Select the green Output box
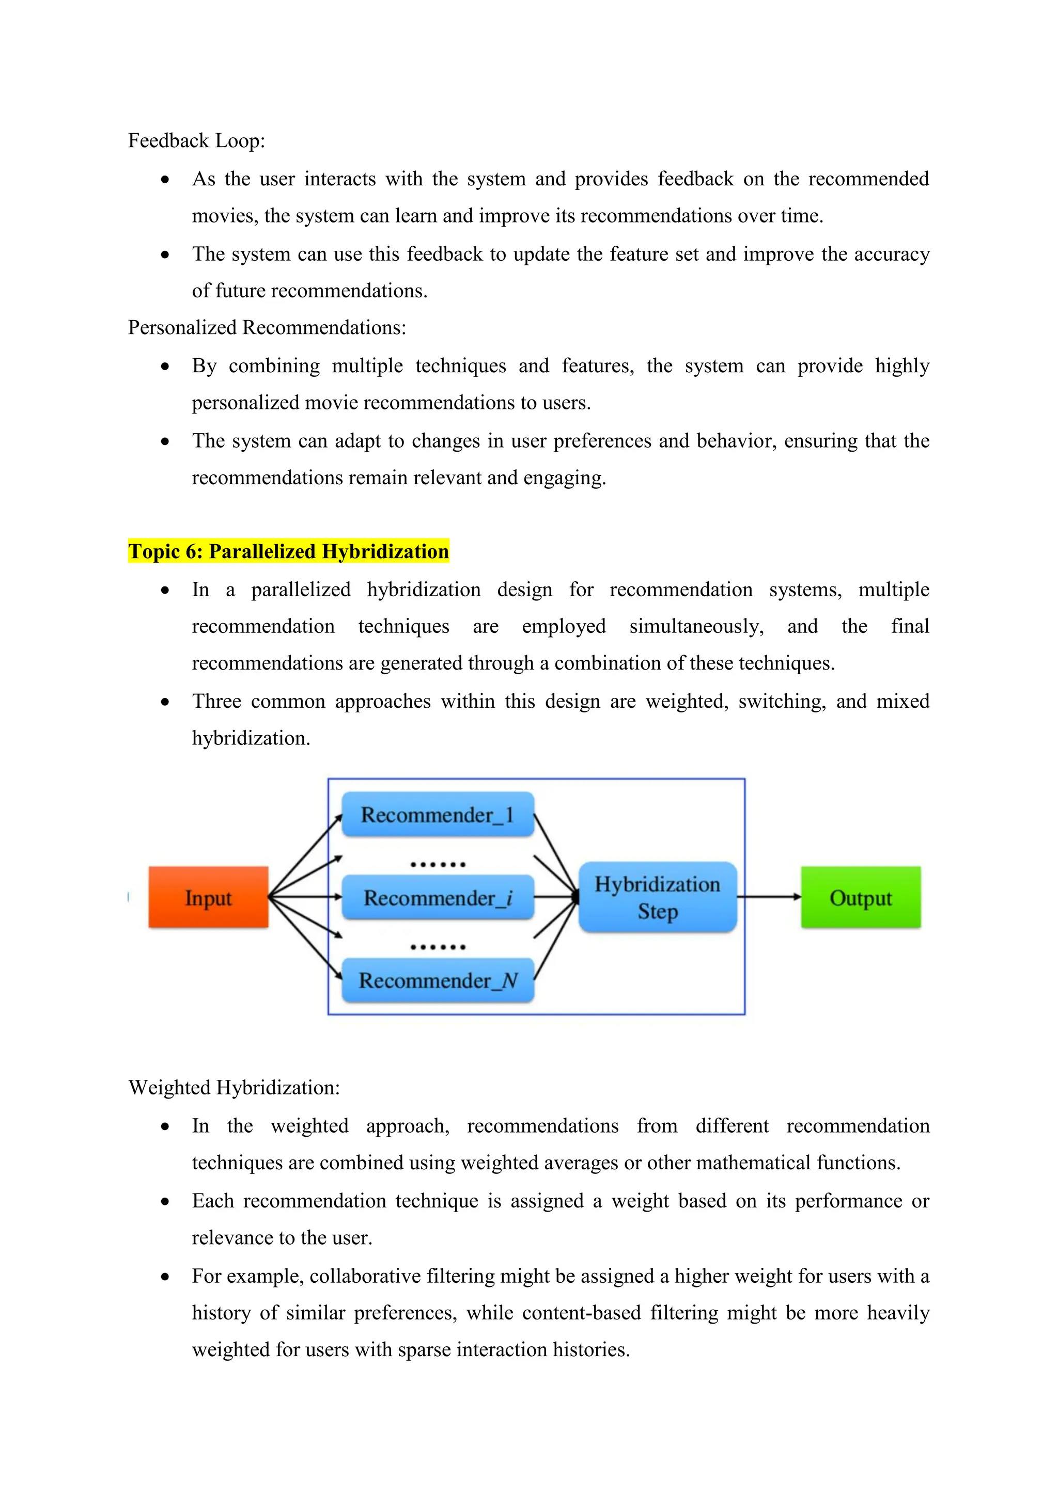(860, 897)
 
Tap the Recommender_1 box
(437, 814)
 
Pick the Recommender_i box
(437, 897)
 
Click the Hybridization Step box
(657, 897)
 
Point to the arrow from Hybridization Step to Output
(769, 897)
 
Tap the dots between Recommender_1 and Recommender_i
(438, 865)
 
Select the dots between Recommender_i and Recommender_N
(438, 947)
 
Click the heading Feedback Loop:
(196, 140)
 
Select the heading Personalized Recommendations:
(267, 327)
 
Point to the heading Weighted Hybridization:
(234, 1087)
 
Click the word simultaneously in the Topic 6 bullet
(696, 626)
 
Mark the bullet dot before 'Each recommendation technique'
(165, 1202)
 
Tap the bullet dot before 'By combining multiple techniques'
(165, 367)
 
